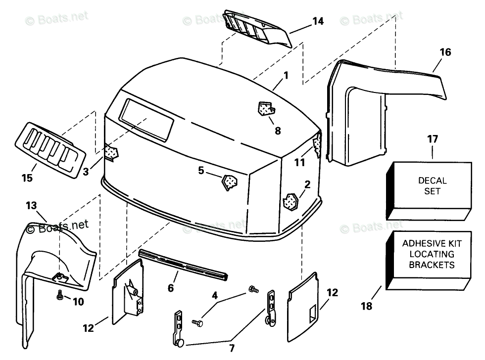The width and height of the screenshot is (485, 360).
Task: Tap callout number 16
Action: (445, 52)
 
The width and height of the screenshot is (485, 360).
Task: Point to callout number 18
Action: (366, 306)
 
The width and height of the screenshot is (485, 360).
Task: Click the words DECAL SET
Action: (432, 186)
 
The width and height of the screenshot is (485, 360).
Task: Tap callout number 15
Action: (27, 178)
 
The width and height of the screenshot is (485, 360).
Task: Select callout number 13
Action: (31, 205)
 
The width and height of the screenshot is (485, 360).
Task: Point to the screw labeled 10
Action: (59, 295)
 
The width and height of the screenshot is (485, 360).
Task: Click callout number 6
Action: (171, 287)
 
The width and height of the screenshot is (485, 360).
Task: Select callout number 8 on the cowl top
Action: (277, 131)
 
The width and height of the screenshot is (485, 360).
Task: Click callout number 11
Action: (300, 162)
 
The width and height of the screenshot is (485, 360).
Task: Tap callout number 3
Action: (86, 172)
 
